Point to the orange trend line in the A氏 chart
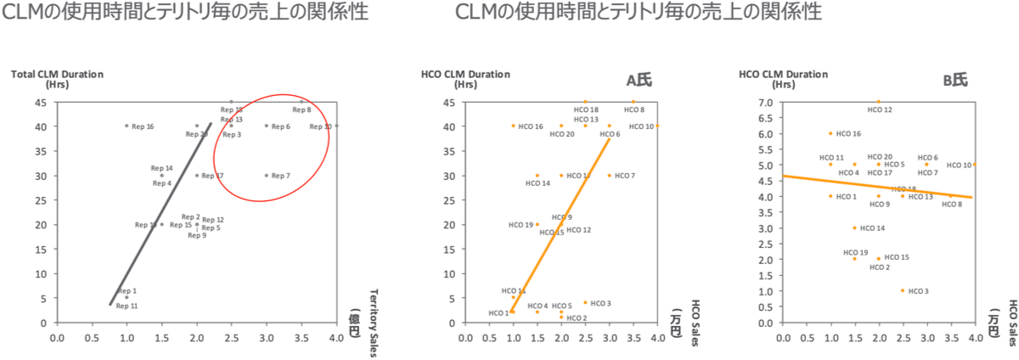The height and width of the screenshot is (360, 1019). click(x=560, y=225)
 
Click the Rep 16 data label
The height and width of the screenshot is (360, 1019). click(x=143, y=127)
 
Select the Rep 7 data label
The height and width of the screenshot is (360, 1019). click(x=281, y=176)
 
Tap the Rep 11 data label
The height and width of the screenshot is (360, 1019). click(x=127, y=306)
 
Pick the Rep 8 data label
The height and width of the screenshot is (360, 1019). click(x=301, y=110)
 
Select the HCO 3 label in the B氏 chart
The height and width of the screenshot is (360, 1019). click(x=919, y=291)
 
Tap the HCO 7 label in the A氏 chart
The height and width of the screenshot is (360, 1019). click(x=625, y=176)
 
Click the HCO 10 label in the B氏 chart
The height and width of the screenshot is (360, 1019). click(x=959, y=166)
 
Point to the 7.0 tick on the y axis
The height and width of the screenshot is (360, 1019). click(x=767, y=103)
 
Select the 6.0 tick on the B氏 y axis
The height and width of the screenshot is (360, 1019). click(x=767, y=134)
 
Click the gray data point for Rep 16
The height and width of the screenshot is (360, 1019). click(x=127, y=126)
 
